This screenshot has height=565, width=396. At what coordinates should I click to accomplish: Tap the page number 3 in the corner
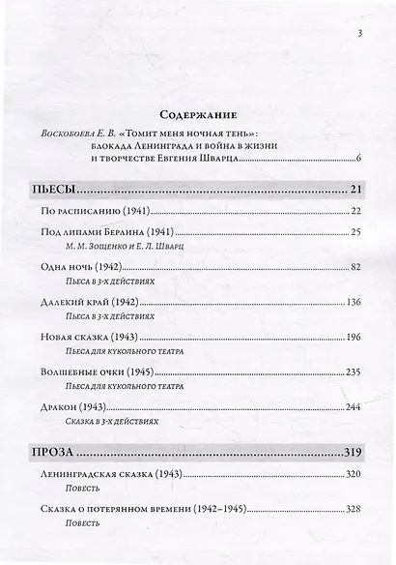click(x=358, y=35)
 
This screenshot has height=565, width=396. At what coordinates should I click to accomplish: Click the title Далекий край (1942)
click(x=86, y=302)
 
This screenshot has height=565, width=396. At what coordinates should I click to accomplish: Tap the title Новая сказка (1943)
click(x=87, y=337)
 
